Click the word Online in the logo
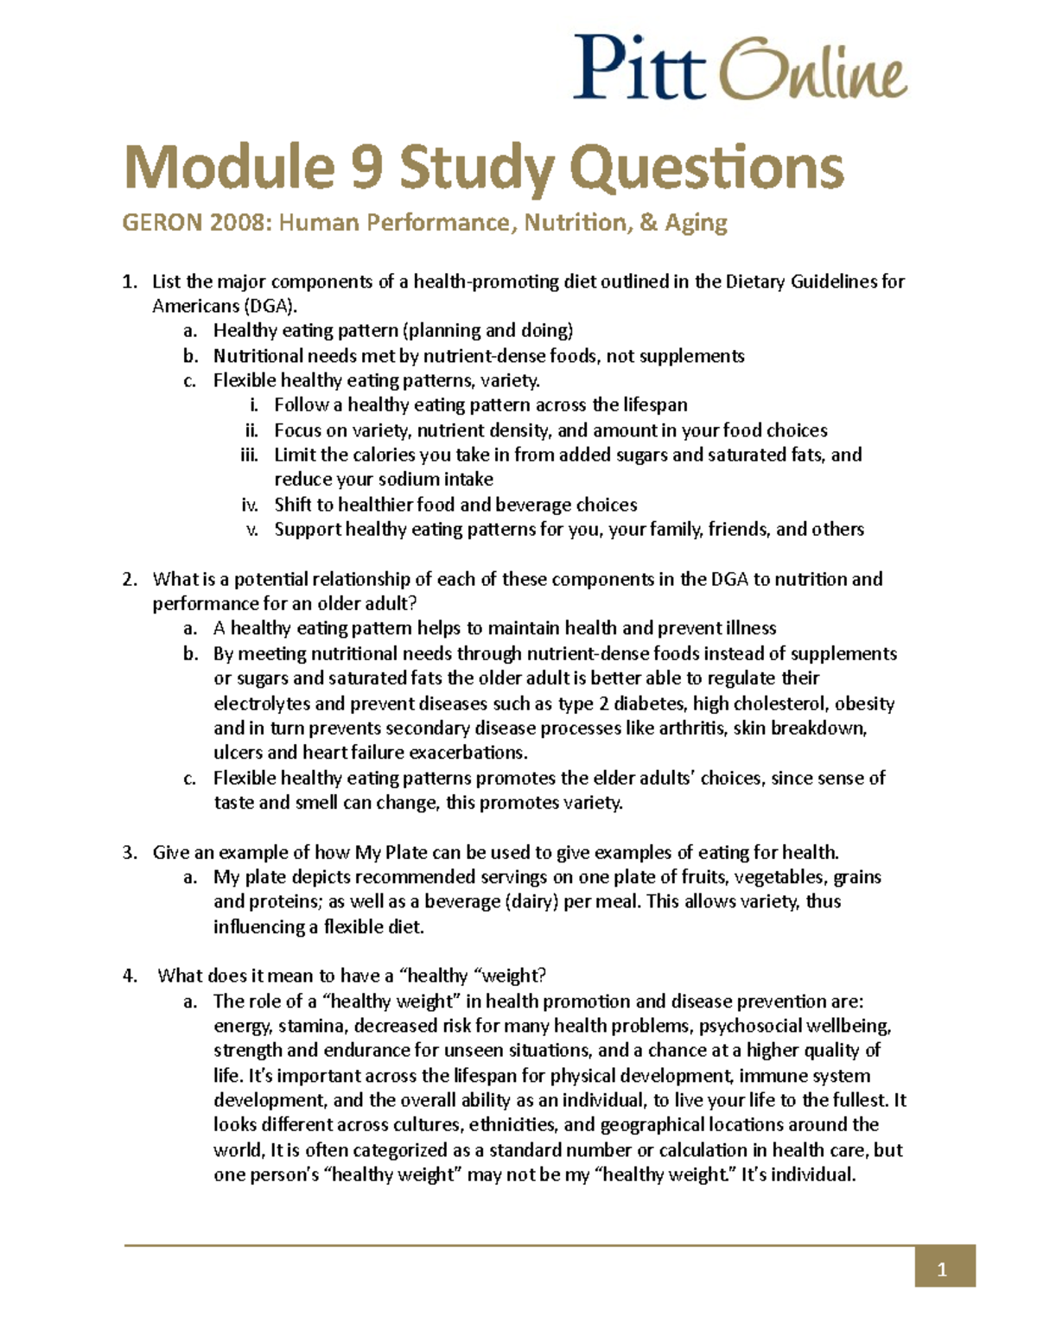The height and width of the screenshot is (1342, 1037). coord(812,71)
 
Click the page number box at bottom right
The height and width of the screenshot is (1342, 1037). coord(945,1269)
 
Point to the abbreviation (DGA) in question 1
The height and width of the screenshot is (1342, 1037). coord(270,306)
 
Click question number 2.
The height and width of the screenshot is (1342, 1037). coord(130,579)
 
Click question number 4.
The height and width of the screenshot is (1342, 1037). coord(130,976)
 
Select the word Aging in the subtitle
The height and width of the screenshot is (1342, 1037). coord(696,223)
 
